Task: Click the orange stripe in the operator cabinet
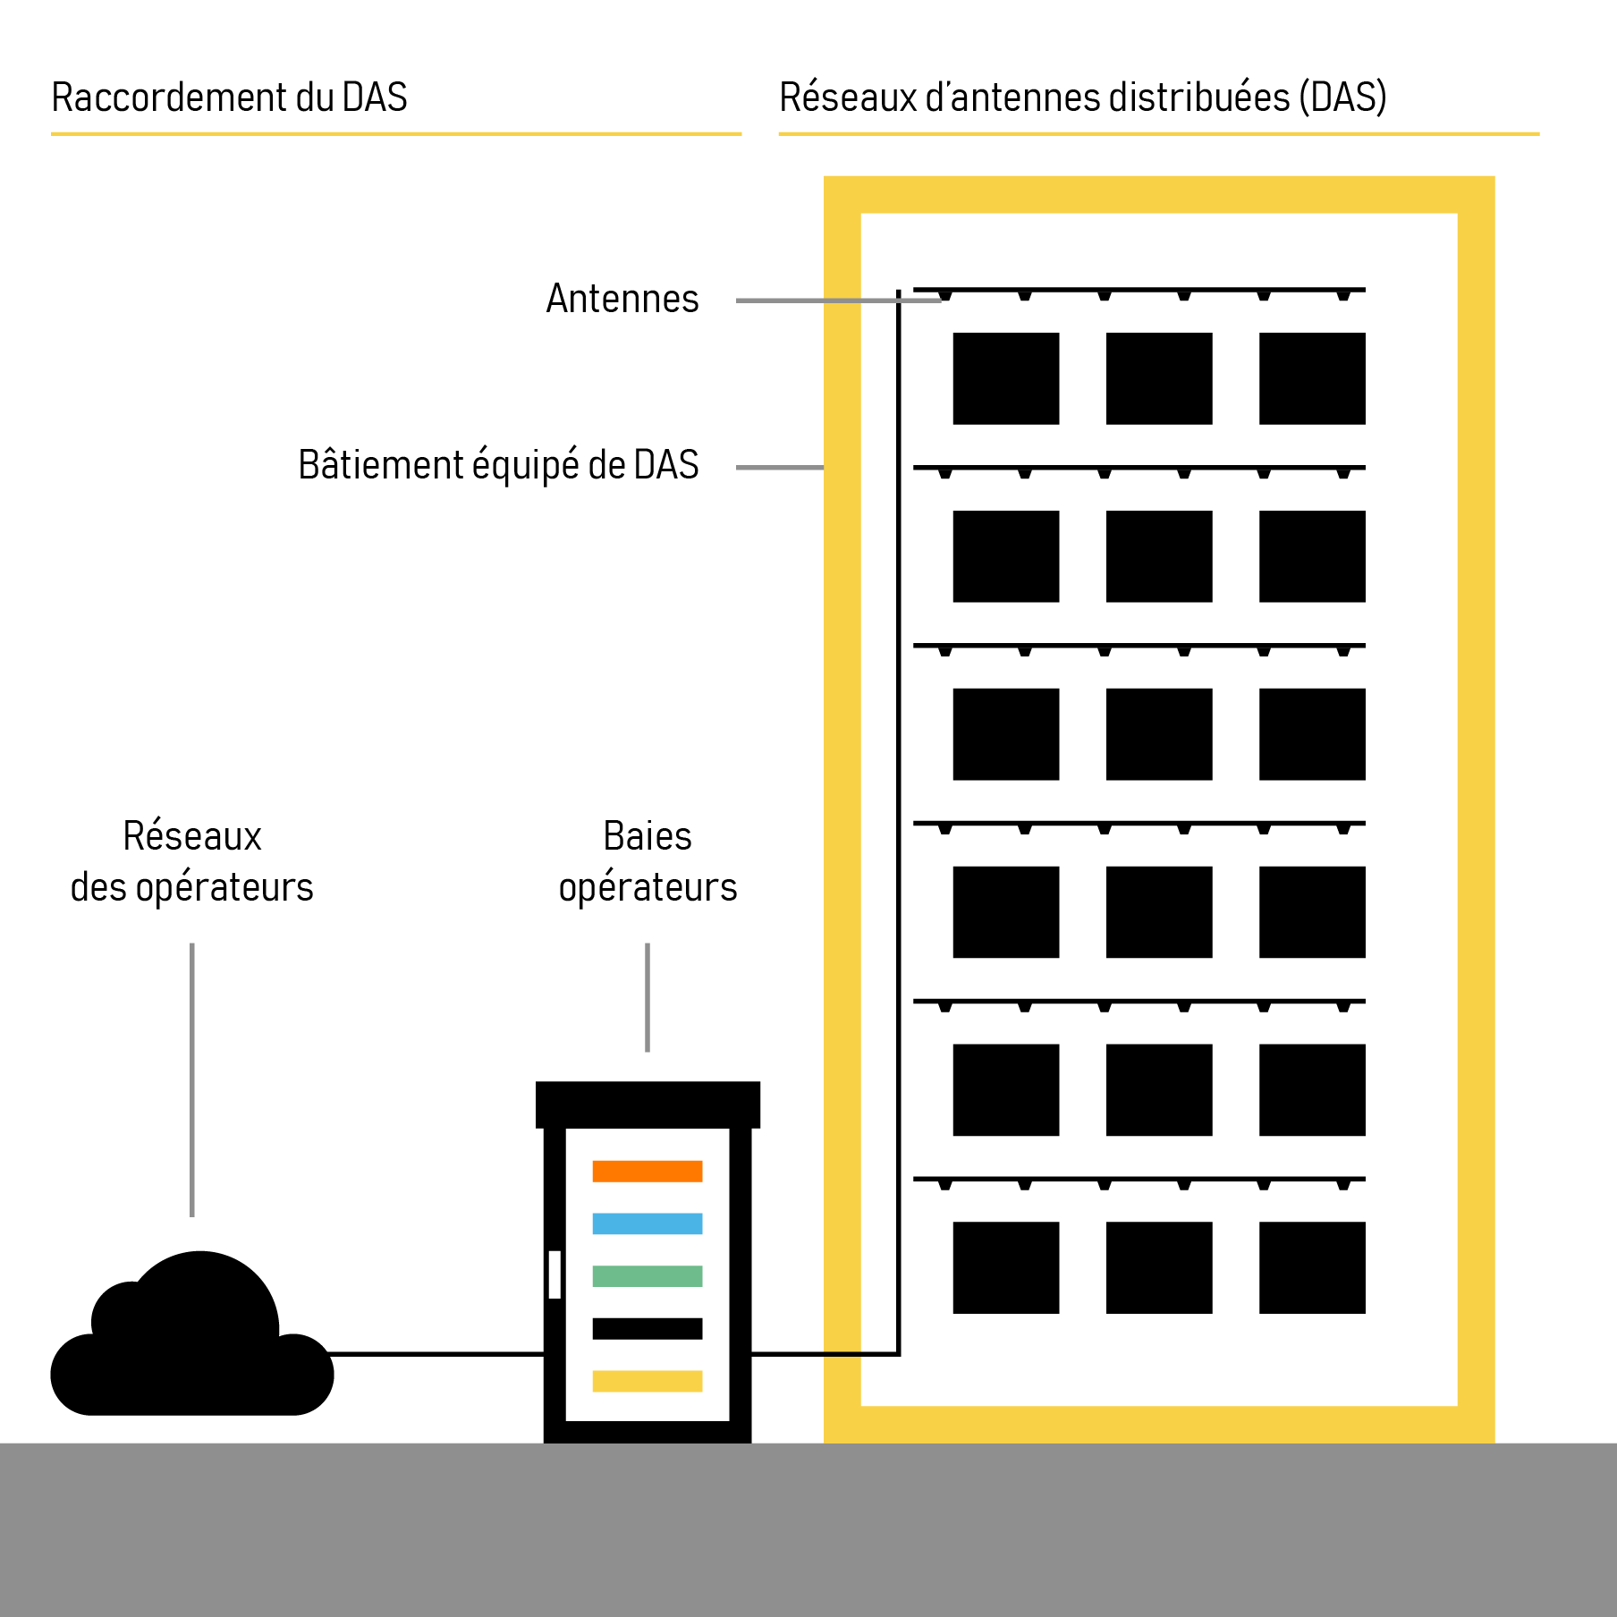pos(647,1171)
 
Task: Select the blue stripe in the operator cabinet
pos(647,1223)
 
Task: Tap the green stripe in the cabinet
pos(647,1276)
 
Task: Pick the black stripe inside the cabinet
pos(647,1328)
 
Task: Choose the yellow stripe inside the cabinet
pos(647,1381)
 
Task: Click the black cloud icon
pos(192,1350)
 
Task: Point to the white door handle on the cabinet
pos(555,1274)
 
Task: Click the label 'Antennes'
pos(622,299)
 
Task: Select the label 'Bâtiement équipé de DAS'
pos(498,465)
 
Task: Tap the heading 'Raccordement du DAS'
pos(229,97)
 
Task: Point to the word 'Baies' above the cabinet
pos(648,836)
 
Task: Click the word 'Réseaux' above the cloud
pos(192,836)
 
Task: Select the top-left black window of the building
pos(1005,378)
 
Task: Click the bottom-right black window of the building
pos(1312,1267)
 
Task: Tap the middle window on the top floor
pos(1159,378)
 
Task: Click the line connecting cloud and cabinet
pos(438,1354)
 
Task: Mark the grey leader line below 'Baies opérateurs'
pos(648,997)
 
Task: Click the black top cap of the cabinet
pos(648,1105)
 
